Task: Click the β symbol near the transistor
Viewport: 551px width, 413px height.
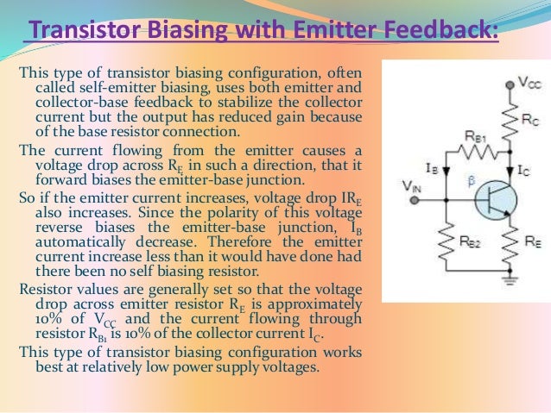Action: (x=471, y=182)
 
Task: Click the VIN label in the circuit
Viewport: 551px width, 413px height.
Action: (x=414, y=184)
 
